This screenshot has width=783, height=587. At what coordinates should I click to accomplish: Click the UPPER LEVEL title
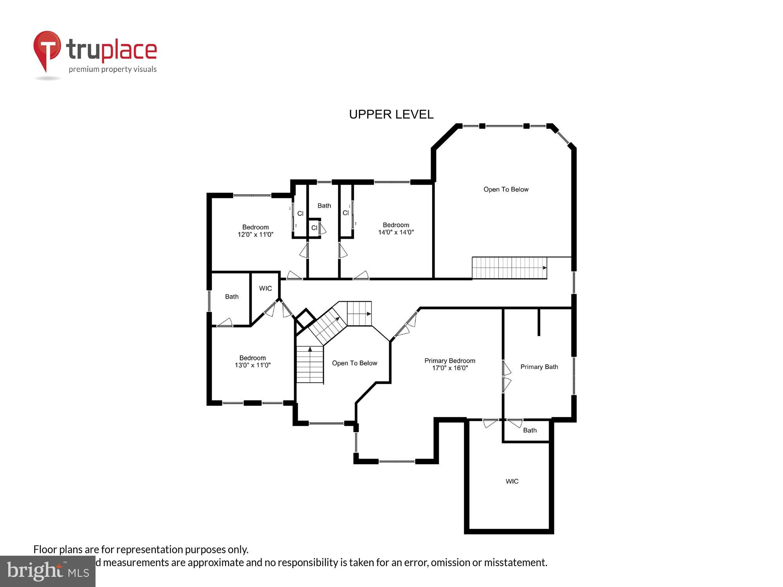[391, 114]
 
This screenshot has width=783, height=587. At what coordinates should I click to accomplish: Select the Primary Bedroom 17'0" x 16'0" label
[450, 364]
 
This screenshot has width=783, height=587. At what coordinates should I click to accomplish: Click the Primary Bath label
[539, 367]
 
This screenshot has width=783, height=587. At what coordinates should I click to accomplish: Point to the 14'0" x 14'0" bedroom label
[396, 229]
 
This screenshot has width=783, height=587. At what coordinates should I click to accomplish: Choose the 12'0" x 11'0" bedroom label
[255, 231]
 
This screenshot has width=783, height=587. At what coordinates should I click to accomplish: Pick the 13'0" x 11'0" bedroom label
[253, 362]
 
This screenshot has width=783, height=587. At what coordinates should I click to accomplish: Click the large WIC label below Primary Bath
[512, 481]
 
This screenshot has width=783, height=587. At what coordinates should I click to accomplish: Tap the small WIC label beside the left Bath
[265, 288]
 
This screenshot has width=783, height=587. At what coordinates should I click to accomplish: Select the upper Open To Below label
[506, 189]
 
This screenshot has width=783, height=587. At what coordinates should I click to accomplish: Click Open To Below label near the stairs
[355, 363]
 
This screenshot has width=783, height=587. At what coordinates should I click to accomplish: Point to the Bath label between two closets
[324, 205]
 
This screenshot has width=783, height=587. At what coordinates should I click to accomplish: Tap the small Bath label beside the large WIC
[530, 430]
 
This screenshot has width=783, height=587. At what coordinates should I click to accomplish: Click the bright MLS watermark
[48, 571]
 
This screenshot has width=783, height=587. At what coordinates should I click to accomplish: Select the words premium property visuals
[113, 70]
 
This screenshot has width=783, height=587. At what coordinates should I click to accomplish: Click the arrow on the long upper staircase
[544, 268]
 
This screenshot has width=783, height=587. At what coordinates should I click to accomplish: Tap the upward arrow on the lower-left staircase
[310, 349]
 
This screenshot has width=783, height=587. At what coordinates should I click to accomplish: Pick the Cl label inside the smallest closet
[314, 228]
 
